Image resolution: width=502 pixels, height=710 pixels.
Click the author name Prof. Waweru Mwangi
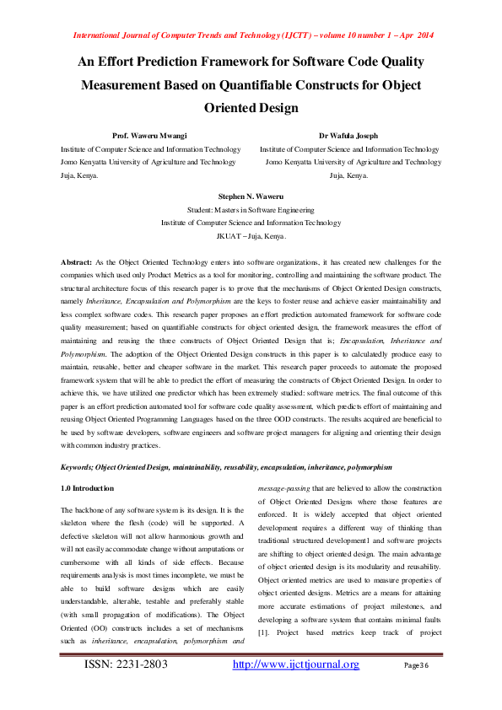(x=149, y=135)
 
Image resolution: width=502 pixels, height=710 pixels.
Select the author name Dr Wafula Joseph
(x=348, y=135)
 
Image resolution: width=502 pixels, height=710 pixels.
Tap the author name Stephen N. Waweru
(x=251, y=196)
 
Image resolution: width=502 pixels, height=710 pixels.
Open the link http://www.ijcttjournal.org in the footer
(x=295, y=664)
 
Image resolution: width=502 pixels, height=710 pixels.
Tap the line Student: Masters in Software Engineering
(x=251, y=209)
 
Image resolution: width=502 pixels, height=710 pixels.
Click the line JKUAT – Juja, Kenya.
(x=251, y=236)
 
